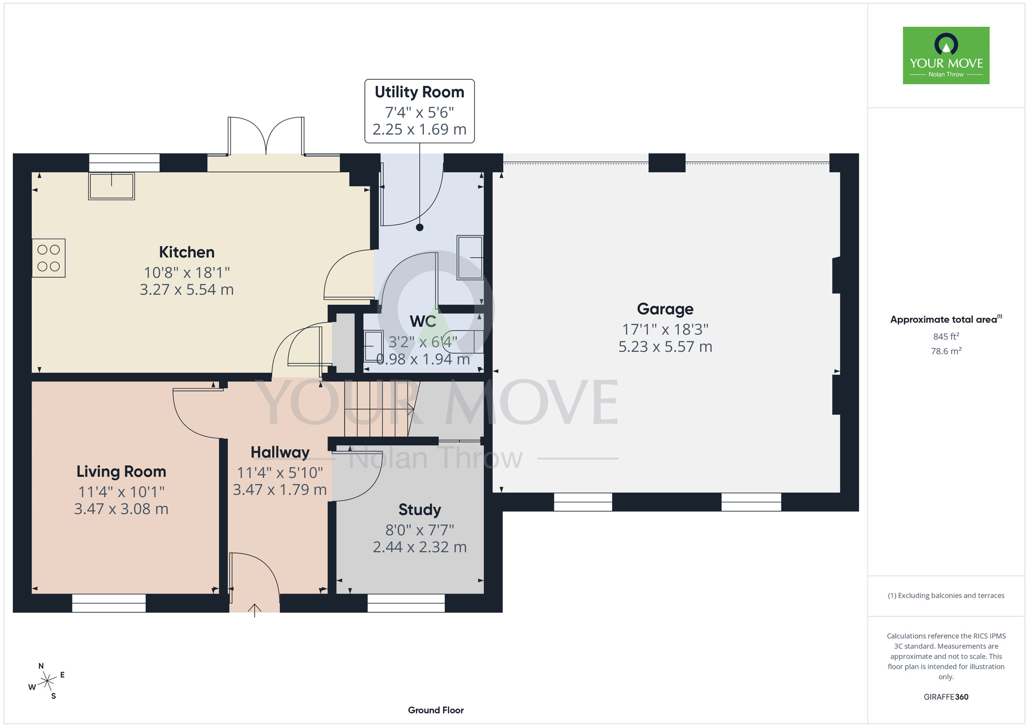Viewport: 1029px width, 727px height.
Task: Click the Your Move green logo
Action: point(946,56)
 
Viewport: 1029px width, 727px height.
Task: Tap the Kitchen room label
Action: point(187,252)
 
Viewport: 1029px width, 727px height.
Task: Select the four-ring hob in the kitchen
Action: point(49,258)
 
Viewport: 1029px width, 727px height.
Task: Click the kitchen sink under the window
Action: point(112,186)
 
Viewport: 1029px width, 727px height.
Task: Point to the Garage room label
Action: point(665,309)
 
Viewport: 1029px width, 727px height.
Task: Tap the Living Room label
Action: point(121,471)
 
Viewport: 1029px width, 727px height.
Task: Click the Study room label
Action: point(420,510)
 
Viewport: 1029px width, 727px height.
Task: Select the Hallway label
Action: point(280,452)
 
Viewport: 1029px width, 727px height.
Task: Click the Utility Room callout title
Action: point(419,92)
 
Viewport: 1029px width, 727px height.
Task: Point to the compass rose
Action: point(47,681)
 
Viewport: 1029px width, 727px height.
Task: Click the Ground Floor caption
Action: point(436,710)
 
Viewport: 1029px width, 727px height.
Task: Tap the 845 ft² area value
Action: point(946,336)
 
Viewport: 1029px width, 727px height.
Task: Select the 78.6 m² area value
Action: point(946,351)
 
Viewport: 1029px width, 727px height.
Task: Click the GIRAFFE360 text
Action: point(946,697)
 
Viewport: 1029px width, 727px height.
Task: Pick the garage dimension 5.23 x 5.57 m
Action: point(665,347)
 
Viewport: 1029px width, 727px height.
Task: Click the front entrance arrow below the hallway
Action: point(255,610)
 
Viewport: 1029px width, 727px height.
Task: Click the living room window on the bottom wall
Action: point(109,603)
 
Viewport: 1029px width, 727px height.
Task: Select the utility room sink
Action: point(470,257)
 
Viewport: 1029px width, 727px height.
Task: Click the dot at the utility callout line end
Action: point(420,227)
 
